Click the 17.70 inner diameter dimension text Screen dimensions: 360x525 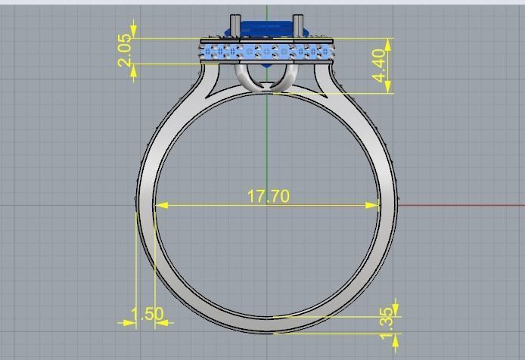click(268, 196)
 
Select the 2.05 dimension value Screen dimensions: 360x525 click(126, 50)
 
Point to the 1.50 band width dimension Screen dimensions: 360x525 click(147, 314)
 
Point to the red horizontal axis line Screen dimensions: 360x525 click(461, 205)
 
